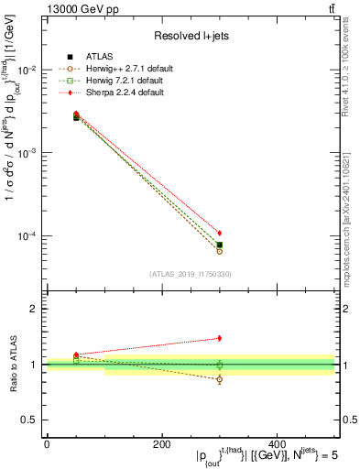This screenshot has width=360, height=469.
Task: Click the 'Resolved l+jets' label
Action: [x=190, y=36]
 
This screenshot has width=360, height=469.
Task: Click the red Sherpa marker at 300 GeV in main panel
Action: [x=219, y=233]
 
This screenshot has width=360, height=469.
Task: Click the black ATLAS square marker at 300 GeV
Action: [x=219, y=245]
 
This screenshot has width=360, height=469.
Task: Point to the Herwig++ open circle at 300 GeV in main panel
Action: [x=219, y=250]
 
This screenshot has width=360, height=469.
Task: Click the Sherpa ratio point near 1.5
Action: [x=219, y=338]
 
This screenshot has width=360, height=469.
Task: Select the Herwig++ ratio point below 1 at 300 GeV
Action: [x=219, y=379]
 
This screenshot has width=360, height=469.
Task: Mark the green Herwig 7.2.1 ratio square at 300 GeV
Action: [x=219, y=365]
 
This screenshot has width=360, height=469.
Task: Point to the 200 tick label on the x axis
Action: [x=161, y=444]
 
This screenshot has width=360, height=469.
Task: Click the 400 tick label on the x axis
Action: [x=277, y=444]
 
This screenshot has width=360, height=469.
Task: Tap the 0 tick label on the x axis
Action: [x=47, y=444]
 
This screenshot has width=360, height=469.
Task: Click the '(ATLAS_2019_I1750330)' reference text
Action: [x=190, y=274]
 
